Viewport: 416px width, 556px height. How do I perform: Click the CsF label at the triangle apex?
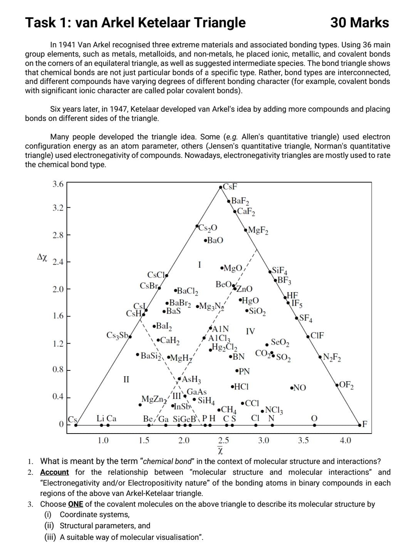click(230, 187)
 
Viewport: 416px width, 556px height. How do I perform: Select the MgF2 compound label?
click(258, 231)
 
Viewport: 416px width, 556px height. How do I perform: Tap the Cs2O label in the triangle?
click(208, 228)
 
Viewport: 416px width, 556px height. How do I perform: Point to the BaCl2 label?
click(187, 291)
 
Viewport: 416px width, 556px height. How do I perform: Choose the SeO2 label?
click(280, 342)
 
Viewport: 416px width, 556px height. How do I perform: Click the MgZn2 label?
click(154, 399)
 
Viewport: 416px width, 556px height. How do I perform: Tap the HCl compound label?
click(240, 387)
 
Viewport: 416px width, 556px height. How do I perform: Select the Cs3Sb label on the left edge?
click(117, 335)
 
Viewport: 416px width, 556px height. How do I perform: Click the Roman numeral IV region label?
click(250, 331)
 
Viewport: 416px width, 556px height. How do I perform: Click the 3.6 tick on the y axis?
click(58, 184)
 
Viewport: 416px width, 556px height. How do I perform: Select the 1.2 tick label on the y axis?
click(58, 343)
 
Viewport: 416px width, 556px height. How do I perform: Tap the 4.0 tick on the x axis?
click(345, 440)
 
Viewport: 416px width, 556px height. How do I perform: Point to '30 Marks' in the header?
click(359, 23)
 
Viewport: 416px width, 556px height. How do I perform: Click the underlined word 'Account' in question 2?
click(54, 472)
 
